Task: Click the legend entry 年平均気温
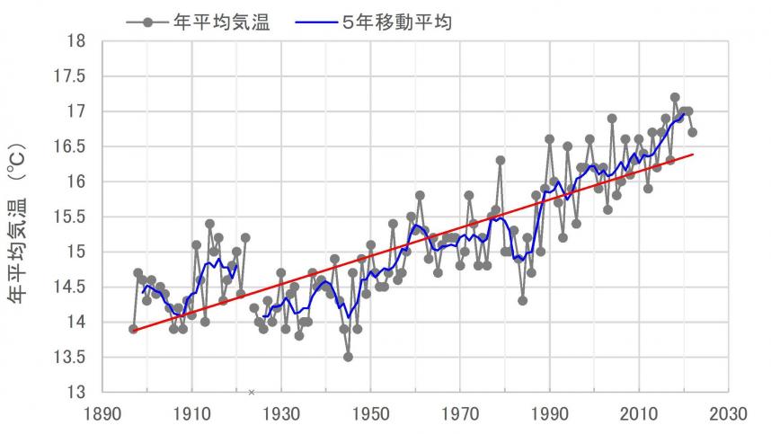(x=219, y=22)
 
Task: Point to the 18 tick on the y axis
(x=77, y=41)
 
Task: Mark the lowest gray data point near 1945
(x=348, y=357)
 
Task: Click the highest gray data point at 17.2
(x=675, y=97)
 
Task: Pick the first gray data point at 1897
(x=133, y=329)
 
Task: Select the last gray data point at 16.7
(x=693, y=132)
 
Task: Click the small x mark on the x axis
(x=252, y=392)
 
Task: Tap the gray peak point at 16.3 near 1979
(x=500, y=160)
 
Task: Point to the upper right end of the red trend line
(x=693, y=155)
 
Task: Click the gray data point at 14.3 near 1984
(x=522, y=300)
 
